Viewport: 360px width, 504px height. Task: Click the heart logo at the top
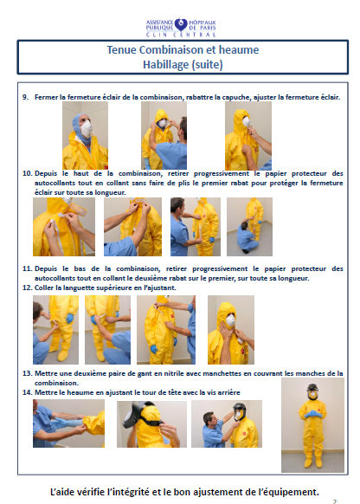181,24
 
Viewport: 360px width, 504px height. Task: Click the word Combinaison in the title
173,50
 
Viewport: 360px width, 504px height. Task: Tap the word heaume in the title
239,50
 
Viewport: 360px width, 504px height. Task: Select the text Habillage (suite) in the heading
183,65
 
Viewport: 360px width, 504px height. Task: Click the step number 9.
25,97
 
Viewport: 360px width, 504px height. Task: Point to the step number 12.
28,288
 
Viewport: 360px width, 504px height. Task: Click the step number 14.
28,392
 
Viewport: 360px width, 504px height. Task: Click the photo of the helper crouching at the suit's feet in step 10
249,227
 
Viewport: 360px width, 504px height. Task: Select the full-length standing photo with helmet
312,425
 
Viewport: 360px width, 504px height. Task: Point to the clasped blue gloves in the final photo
312,414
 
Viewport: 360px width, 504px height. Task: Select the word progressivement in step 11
220,269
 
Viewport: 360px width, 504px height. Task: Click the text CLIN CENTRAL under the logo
181,35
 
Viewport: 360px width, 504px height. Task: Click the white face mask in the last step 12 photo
230,320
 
